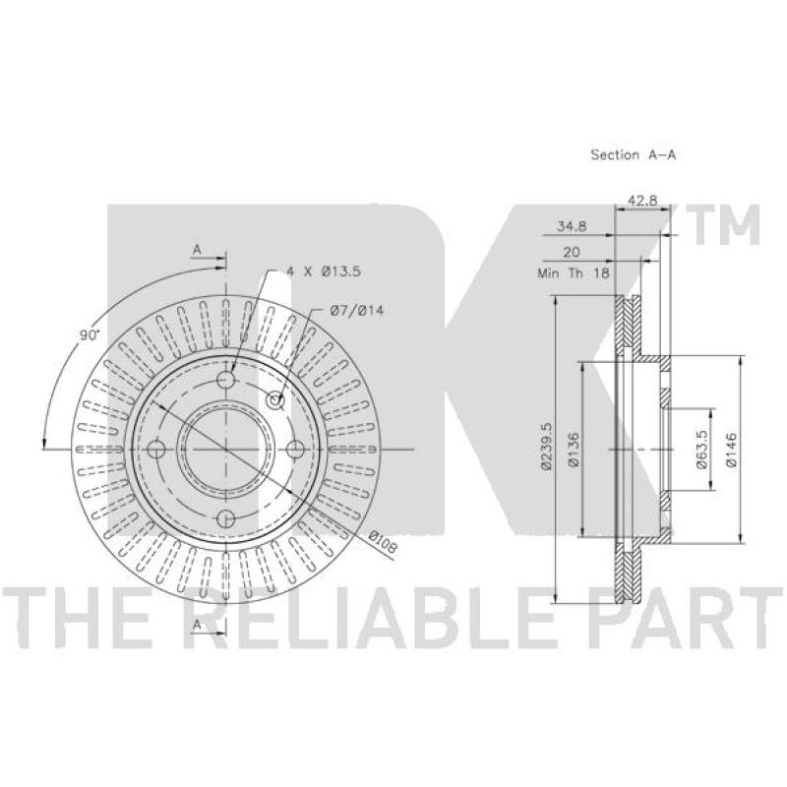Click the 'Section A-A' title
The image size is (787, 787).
coord(633,155)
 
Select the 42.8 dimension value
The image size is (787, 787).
coord(642,201)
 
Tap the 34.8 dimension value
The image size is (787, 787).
coord(572,226)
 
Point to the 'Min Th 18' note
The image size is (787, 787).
coord(574,273)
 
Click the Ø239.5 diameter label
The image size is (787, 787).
coord(547,446)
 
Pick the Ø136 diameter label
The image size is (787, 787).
coord(574,450)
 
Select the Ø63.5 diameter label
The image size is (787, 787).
coord(701,449)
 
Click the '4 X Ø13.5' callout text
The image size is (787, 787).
coord(324,272)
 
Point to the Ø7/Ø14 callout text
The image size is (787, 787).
coord(357,311)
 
